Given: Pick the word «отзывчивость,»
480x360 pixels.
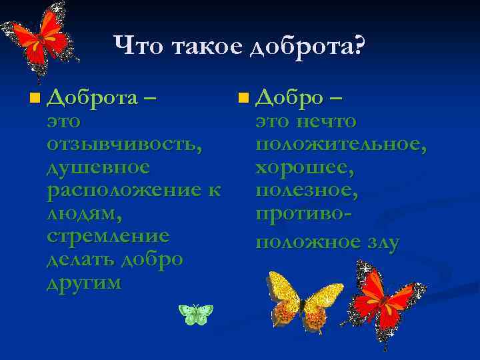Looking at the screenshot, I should pyautogui.click(x=125, y=143).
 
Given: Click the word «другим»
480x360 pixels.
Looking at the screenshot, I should pyautogui.click(x=84, y=282).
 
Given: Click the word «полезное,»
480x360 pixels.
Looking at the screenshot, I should pyautogui.click(x=307, y=190).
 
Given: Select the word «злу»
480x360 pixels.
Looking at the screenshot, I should pyautogui.click(x=380, y=242).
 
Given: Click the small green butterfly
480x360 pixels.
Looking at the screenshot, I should pyautogui.click(x=196, y=313).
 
